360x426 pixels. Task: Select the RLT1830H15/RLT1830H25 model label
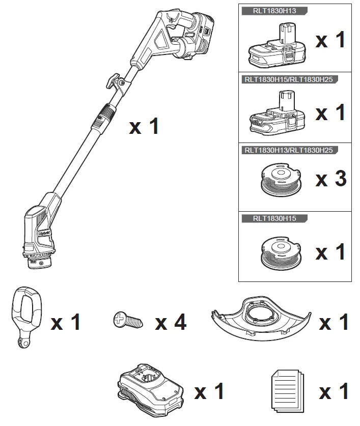289,79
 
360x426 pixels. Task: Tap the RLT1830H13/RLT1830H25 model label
289,150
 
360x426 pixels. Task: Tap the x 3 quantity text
331,179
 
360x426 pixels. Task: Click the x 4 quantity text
171,322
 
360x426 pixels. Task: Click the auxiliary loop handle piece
24,317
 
